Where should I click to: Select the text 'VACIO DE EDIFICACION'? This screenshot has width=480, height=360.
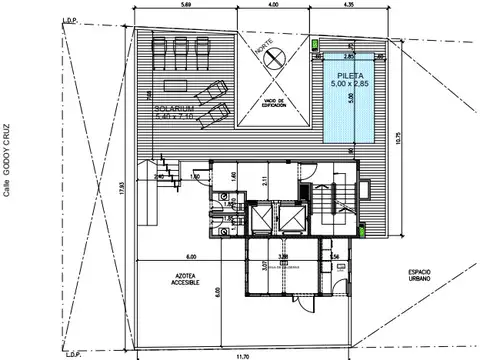pyautogui.click(x=274, y=103)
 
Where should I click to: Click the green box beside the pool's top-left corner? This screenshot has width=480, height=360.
pyautogui.click(x=316, y=45)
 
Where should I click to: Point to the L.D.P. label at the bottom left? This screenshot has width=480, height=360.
pyautogui.click(x=73, y=352)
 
